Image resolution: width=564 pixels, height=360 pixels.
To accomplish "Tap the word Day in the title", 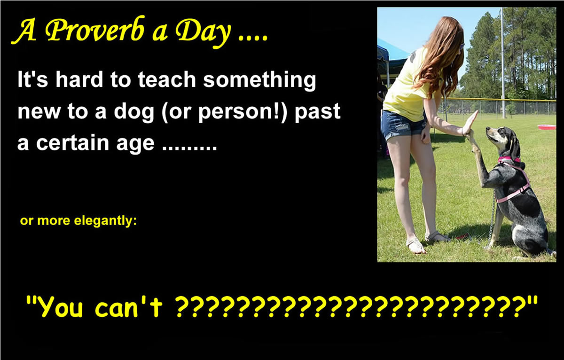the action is pyautogui.click(x=203, y=33).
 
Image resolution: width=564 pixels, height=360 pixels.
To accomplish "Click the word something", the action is pyautogui.click(x=259, y=80).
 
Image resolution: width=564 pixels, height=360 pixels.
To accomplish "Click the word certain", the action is pyautogui.click(x=72, y=142).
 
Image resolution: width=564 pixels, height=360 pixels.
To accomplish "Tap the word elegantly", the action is pyautogui.click(x=106, y=221).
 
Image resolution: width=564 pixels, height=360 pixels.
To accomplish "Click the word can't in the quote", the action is pyautogui.click(x=128, y=306).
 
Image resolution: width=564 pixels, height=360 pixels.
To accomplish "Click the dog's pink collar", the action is pyautogui.click(x=509, y=159).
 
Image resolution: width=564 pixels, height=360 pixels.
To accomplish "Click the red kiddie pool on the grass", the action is pyautogui.click(x=546, y=127).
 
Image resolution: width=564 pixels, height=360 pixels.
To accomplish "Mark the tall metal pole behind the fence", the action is pyautogui.click(x=503, y=63).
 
